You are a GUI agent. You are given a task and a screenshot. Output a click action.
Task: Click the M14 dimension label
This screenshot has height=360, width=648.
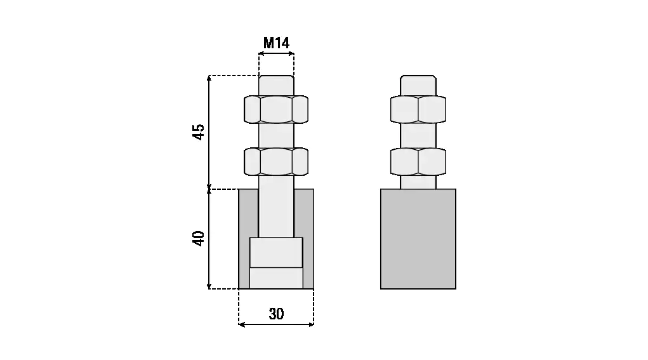(x=276, y=43)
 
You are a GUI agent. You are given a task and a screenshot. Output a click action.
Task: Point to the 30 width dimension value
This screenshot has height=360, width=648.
(x=276, y=314)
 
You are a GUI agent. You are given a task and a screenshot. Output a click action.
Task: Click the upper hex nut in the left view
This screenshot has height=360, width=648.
(x=276, y=110)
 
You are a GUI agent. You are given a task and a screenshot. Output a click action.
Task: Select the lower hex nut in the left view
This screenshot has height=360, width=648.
(x=276, y=162)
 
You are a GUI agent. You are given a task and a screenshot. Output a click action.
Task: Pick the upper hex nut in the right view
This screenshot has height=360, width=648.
(x=418, y=110)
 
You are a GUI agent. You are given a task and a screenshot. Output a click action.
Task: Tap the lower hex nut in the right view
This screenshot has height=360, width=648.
(x=418, y=162)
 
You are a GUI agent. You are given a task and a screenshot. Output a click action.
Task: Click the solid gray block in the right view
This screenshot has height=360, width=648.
(x=418, y=239)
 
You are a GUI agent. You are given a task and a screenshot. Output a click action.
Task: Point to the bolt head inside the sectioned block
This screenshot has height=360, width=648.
(x=276, y=263)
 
